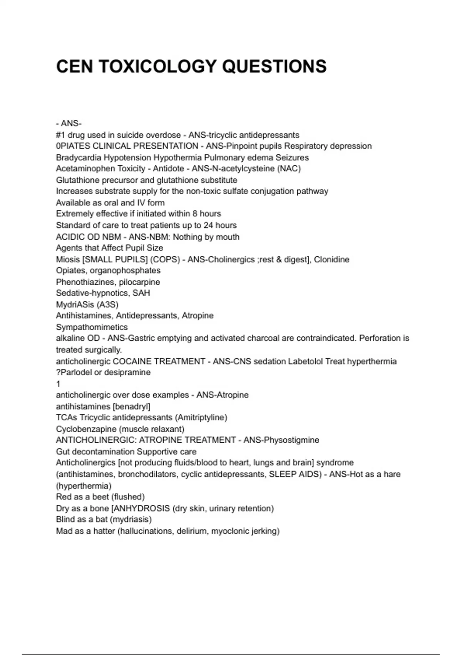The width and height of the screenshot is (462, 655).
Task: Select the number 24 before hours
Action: tap(209, 225)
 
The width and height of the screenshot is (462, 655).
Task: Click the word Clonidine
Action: tap(331, 259)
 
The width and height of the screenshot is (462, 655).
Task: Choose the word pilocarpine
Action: tap(139, 282)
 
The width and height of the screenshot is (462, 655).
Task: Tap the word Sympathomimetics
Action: tap(92, 327)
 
